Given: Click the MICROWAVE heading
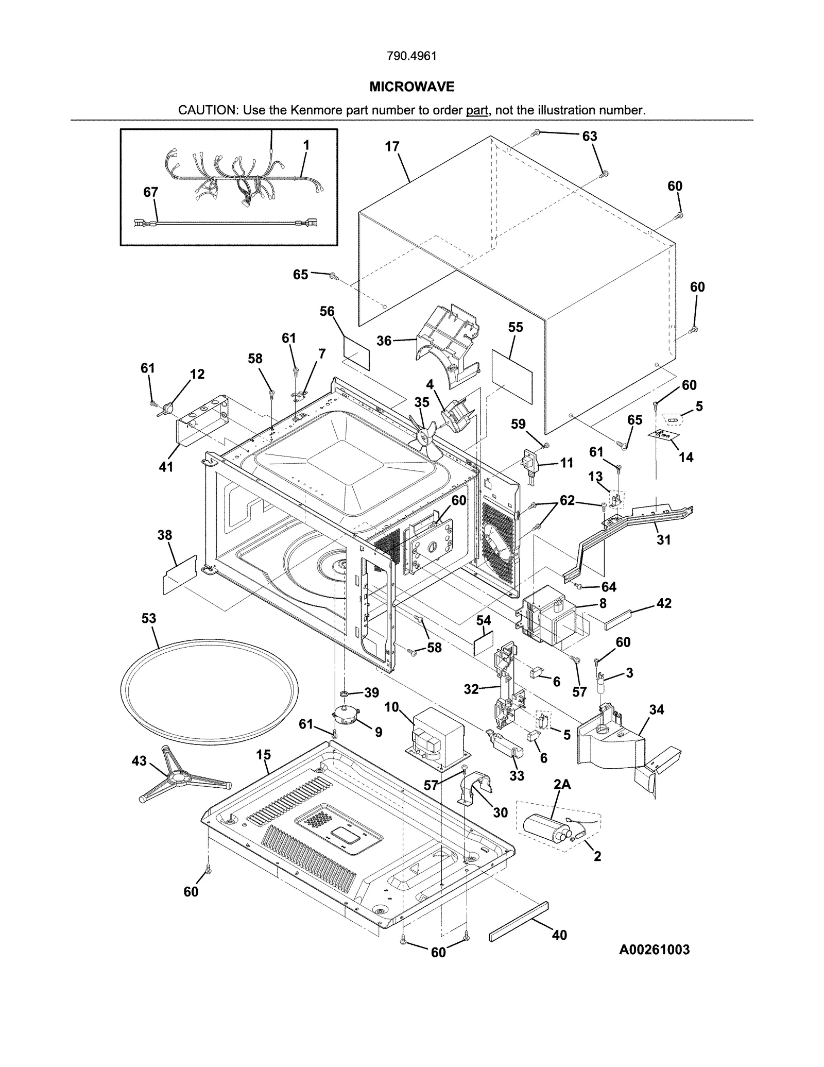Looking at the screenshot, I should (411, 87).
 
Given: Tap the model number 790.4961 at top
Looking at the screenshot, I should (411, 56).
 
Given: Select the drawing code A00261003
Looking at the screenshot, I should (654, 949).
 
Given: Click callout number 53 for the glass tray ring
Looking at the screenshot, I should (148, 618).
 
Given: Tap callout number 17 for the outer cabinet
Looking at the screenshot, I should (392, 147).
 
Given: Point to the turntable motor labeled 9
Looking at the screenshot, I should (346, 716).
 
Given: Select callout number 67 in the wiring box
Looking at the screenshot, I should (150, 192).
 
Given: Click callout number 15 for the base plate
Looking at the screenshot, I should (263, 755).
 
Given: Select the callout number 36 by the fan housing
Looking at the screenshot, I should (384, 341).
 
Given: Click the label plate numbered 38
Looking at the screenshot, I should (179, 574).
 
